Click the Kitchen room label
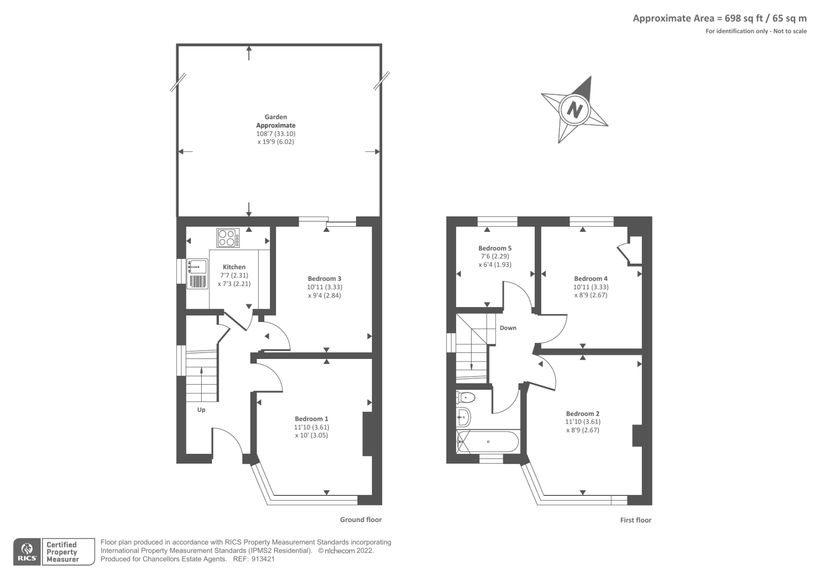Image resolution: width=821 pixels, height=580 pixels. click(x=234, y=267)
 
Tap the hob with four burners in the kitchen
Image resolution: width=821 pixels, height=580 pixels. click(x=228, y=238)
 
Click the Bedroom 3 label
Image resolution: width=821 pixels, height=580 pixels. click(x=324, y=279)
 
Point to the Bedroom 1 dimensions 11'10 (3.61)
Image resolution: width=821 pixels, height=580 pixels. click(x=311, y=427)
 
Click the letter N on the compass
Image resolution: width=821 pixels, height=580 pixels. click(x=575, y=110)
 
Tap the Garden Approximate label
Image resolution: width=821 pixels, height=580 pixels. click(x=276, y=121)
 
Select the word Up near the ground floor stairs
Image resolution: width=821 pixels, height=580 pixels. click(x=201, y=410)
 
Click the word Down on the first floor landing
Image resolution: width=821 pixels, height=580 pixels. click(x=508, y=328)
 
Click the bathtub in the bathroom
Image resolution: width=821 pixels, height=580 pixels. click(x=488, y=442)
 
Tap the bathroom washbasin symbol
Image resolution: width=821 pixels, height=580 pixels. click(x=463, y=417)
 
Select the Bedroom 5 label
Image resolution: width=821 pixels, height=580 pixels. click(x=495, y=248)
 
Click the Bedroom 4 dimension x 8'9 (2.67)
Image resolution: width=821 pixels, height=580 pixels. click(x=591, y=295)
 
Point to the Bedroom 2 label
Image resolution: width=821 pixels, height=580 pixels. click(x=582, y=414)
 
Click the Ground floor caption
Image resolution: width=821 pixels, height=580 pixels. click(x=361, y=519)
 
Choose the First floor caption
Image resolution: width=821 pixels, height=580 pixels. click(x=635, y=520)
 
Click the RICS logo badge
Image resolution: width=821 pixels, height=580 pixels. click(x=27, y=552)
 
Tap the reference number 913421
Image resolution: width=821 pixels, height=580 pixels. click(x=264, y=559)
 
